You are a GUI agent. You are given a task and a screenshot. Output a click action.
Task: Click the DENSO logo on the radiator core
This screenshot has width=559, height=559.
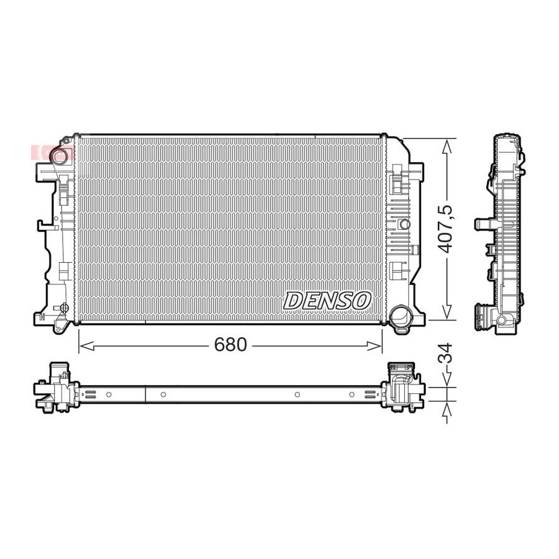[x=327, y=301]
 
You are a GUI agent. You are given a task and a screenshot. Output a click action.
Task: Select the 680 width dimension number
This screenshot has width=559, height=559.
[x=230, y=344]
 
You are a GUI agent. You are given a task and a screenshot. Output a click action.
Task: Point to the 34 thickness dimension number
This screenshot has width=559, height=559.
[x=445, y=353]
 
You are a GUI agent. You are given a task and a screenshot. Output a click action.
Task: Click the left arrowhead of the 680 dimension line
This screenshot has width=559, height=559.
[x=86, y=345]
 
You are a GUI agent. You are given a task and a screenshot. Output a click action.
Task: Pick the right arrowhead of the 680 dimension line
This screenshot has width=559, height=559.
[x=375, y=345]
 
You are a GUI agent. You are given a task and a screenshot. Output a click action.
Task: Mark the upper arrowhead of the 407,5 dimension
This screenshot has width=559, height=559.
[x=447, y=146]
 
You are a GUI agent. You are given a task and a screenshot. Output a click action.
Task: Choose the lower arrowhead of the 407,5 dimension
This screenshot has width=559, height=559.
[x=447, y=312]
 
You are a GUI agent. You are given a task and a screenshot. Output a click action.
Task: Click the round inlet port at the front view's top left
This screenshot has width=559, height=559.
[x=58, y=155]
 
